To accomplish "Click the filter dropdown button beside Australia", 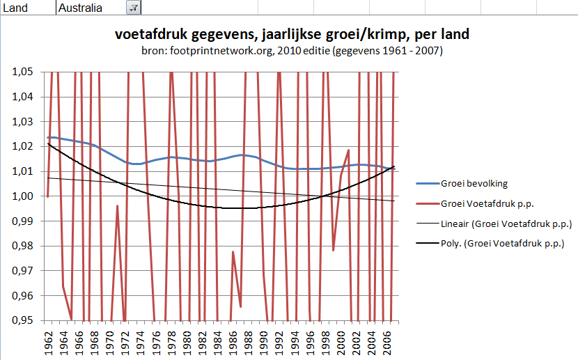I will pos(133,8).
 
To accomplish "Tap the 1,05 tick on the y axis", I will pos(24,72).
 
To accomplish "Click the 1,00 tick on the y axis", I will pos(24,196).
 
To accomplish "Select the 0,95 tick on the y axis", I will pos(24,320).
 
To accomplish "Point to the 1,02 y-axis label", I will pos(24,146).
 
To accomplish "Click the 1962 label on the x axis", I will pos(48,342).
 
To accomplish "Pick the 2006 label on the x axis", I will pos(387,342).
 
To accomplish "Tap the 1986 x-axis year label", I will pos(233,342).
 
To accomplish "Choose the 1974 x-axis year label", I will pos(141,342).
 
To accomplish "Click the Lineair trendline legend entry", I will pos(506,224).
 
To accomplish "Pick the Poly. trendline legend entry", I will pos(501,244).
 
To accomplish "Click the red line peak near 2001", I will pos(349,150).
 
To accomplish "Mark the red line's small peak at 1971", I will pos(117,206).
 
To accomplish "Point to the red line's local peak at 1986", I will pos(233,251).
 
